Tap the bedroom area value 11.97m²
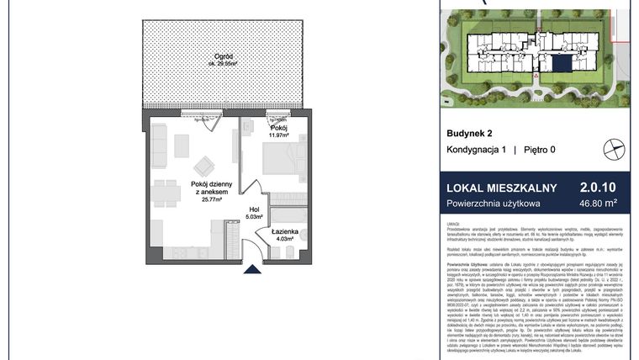pyautogui.click(x=278, y=135)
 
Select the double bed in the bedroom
pyautogui.click(x=277, y=160)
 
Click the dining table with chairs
pyautogui.click(x=165, y=192)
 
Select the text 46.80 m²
pyautogui.click(x=599, y=203)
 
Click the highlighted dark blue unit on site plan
pyautogui.click(x=558, y=63)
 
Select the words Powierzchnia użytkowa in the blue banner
pyautogui.click(x=493, y=204)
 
